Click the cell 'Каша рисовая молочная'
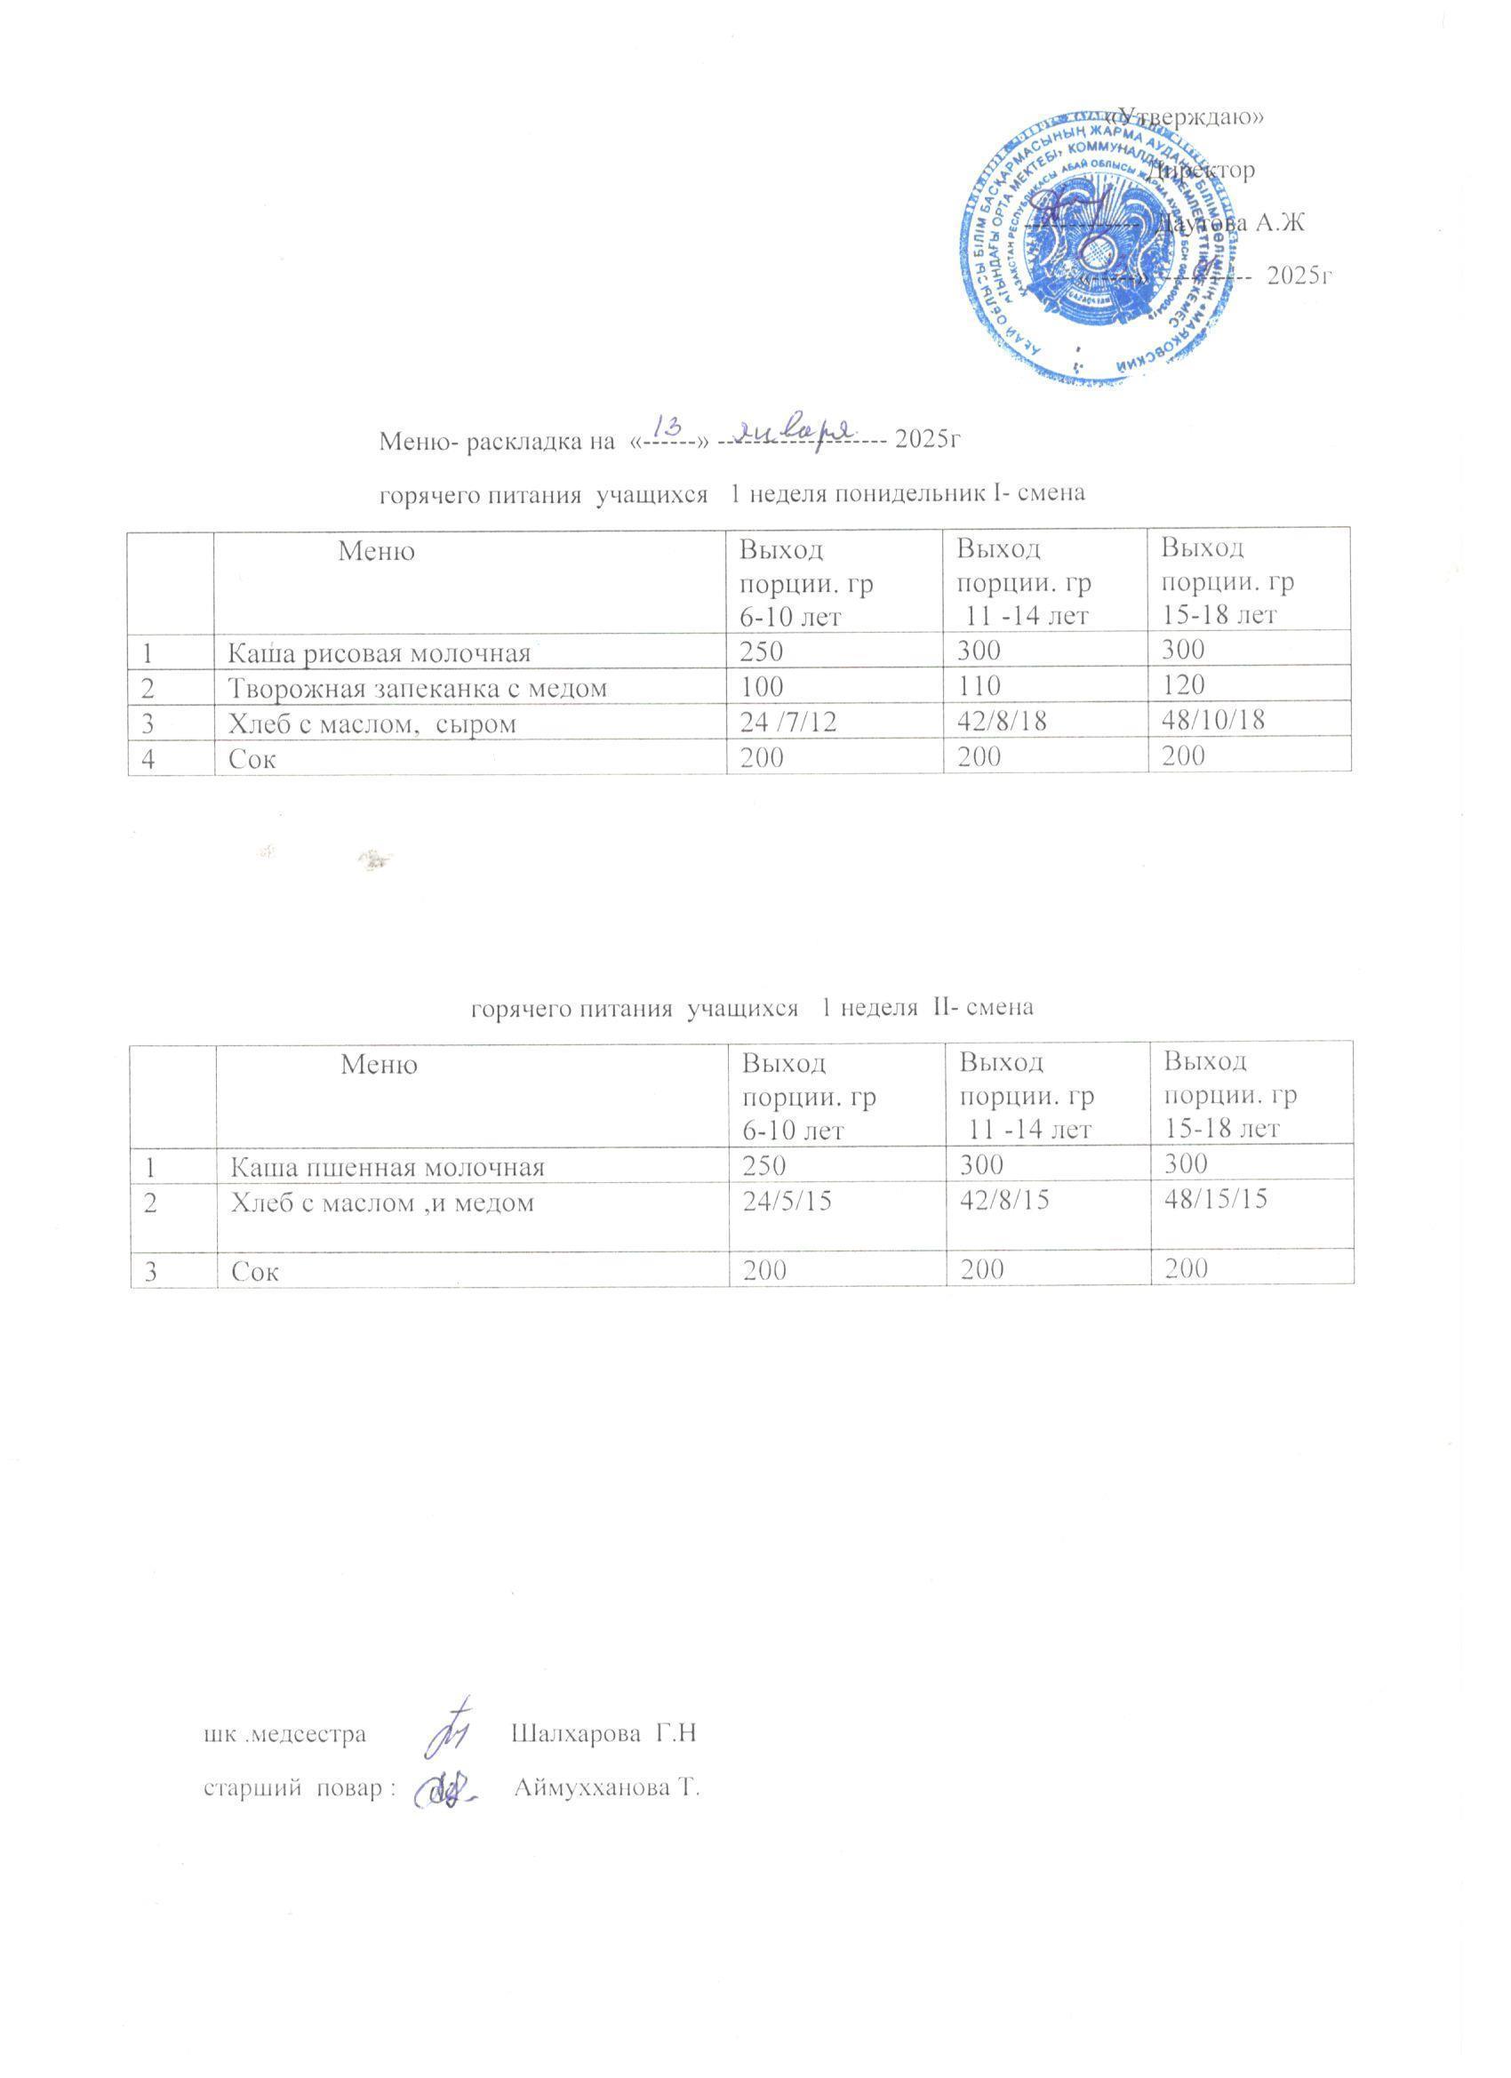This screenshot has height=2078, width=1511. coord(379,652)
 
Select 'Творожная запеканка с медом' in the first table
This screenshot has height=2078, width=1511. coord(417,687)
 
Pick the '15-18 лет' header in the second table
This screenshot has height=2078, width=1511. coord(1219,1129)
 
